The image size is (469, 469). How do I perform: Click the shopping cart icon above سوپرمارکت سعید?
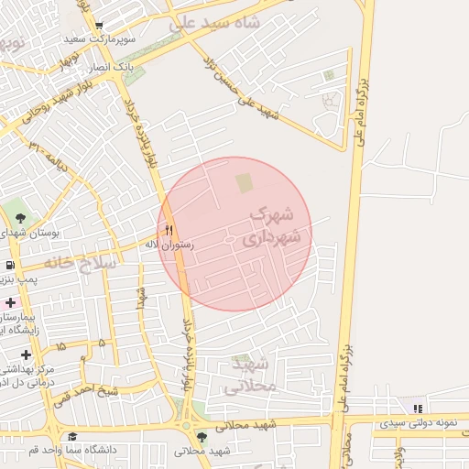coord(99,25)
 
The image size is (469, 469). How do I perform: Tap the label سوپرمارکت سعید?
coord(99,39)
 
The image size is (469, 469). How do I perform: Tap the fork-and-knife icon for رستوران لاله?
coord(169,231)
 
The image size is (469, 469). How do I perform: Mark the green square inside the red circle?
coord(245,183)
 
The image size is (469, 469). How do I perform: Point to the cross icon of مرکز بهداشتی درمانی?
coord(26,354)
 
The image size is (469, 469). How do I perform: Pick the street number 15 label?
coord(60,347)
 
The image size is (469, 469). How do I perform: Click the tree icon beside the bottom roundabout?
coord(202,436)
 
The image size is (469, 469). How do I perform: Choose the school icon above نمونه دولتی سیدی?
coord(418,409)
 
